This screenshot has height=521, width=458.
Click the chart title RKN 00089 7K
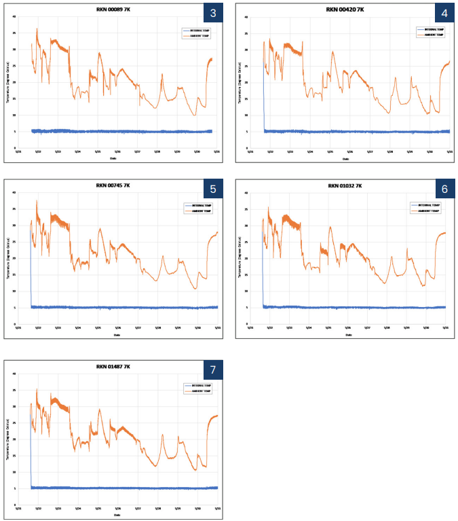point(113,10)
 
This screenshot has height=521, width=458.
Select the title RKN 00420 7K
point(345,10)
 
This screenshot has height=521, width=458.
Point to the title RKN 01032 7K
point(345,185)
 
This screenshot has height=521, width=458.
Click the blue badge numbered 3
point(213,14)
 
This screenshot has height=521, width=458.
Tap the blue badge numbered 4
point(444,14)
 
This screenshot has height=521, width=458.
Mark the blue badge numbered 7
point(213,370)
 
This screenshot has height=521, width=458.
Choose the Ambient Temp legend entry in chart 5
point(200,211)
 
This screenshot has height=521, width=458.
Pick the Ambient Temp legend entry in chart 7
point(200,391)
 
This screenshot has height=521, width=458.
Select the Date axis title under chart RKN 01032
point(349,334)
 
